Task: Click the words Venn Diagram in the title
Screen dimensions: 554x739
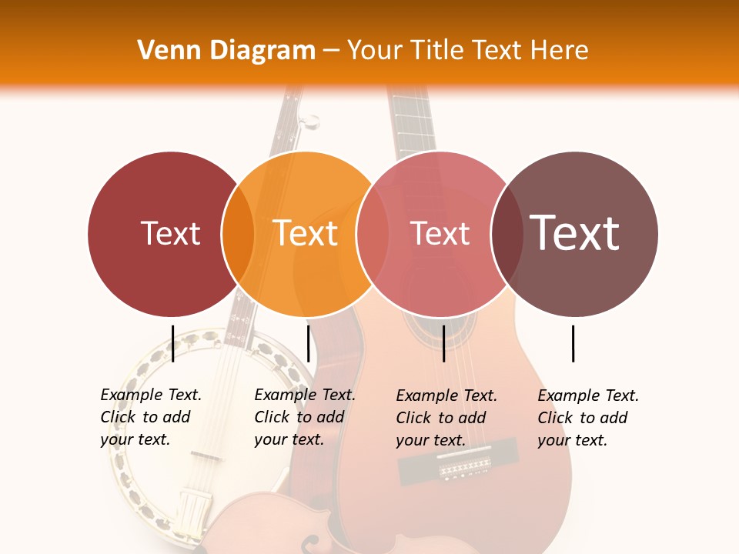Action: point(226,51)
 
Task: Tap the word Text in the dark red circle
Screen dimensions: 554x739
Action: point(170,233)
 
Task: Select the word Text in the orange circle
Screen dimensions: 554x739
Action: point(306,233)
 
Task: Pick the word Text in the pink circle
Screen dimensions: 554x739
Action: point(440,233)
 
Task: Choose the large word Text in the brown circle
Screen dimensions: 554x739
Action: point(575,232)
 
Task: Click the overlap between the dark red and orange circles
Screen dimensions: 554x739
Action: point(238,234)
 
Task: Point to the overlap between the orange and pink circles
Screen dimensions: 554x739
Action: point(372,234)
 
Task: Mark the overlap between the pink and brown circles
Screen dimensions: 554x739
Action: point(507,234)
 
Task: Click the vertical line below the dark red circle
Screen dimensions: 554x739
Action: point(173,343)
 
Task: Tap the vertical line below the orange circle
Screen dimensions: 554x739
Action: point(308,343)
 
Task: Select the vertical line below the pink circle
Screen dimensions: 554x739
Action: point(443,343)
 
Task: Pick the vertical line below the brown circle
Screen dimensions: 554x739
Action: point(573,343)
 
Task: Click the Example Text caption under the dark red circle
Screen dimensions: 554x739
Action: point(151,417)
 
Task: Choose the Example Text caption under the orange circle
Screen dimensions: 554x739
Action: point(305,417)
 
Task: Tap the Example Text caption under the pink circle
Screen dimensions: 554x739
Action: point(446,418)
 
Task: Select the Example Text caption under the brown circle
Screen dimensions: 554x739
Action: point(588,418)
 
